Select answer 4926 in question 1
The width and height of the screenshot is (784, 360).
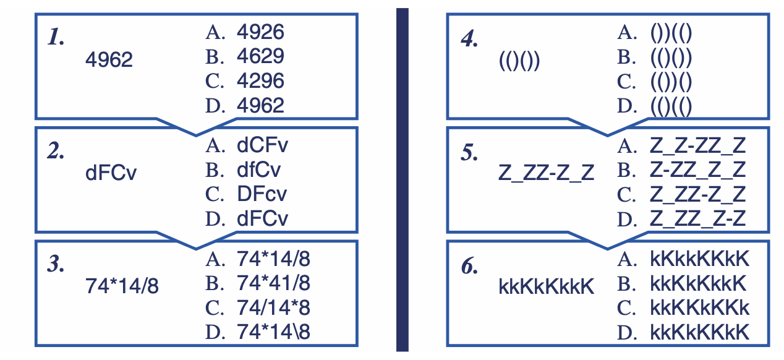(260, 32)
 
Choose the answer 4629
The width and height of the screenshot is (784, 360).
(260, 56)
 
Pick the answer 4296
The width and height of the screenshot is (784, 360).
(260, 80)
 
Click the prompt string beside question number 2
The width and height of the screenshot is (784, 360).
(111, 173)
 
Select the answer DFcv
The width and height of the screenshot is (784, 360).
(262, 194)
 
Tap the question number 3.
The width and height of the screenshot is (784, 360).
(56, 265)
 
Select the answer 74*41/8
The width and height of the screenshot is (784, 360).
(273, 283)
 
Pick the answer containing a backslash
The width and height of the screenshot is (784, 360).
(273, 332)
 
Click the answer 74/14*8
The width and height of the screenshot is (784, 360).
(273, 307)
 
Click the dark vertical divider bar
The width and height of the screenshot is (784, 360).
(402, 179)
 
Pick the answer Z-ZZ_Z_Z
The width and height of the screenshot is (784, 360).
(698, 169)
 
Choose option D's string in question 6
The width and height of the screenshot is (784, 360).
(700, 332)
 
